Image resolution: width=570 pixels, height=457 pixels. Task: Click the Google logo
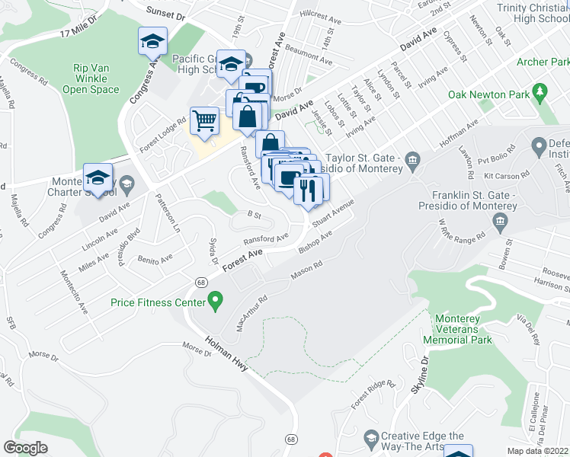pyautogui.click(x=25, y=448)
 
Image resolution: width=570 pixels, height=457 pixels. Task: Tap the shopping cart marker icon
pyautogui.click(x=204, y=120)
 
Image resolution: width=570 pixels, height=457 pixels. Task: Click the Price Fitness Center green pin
pyautogui.click(x=216, y=302)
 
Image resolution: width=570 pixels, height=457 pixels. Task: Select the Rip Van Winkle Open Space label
pyautogui.click(x=91, y=78)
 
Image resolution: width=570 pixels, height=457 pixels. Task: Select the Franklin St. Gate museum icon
pyautogui.click(x=501, y=222)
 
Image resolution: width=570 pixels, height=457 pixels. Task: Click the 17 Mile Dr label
pyautogui.click(x=78, y=28)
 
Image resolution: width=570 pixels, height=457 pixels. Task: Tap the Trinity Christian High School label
pyautogui.click(x=532, y=12)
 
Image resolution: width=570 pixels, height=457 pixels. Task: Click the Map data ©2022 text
pyautogui.click(x=536, y=451)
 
